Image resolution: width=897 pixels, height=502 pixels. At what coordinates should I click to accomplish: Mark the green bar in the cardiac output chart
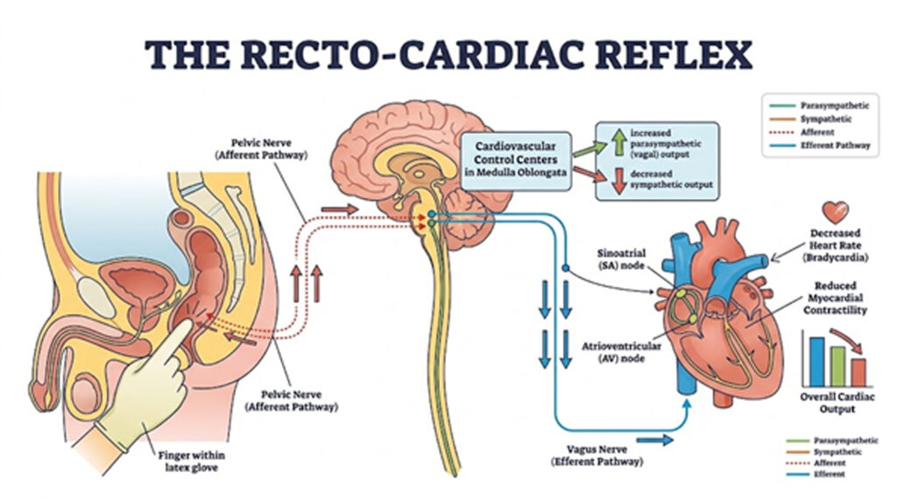[837, 365]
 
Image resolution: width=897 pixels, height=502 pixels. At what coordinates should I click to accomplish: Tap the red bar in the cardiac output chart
[858, 371]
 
